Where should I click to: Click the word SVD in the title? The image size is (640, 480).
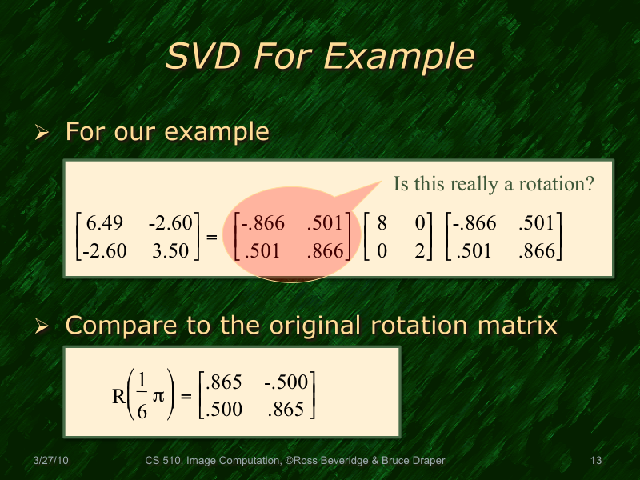tap(202, 57)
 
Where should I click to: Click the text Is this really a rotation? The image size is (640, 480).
tap(494, 184)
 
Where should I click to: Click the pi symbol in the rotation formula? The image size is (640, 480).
tap(158, 396)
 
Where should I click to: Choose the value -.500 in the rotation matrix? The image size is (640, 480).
tap(284, 382)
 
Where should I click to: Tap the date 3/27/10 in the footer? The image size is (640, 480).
tap(50, 461)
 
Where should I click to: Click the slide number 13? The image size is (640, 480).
tap(594, 461)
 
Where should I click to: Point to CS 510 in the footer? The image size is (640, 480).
tap(163, 461)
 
